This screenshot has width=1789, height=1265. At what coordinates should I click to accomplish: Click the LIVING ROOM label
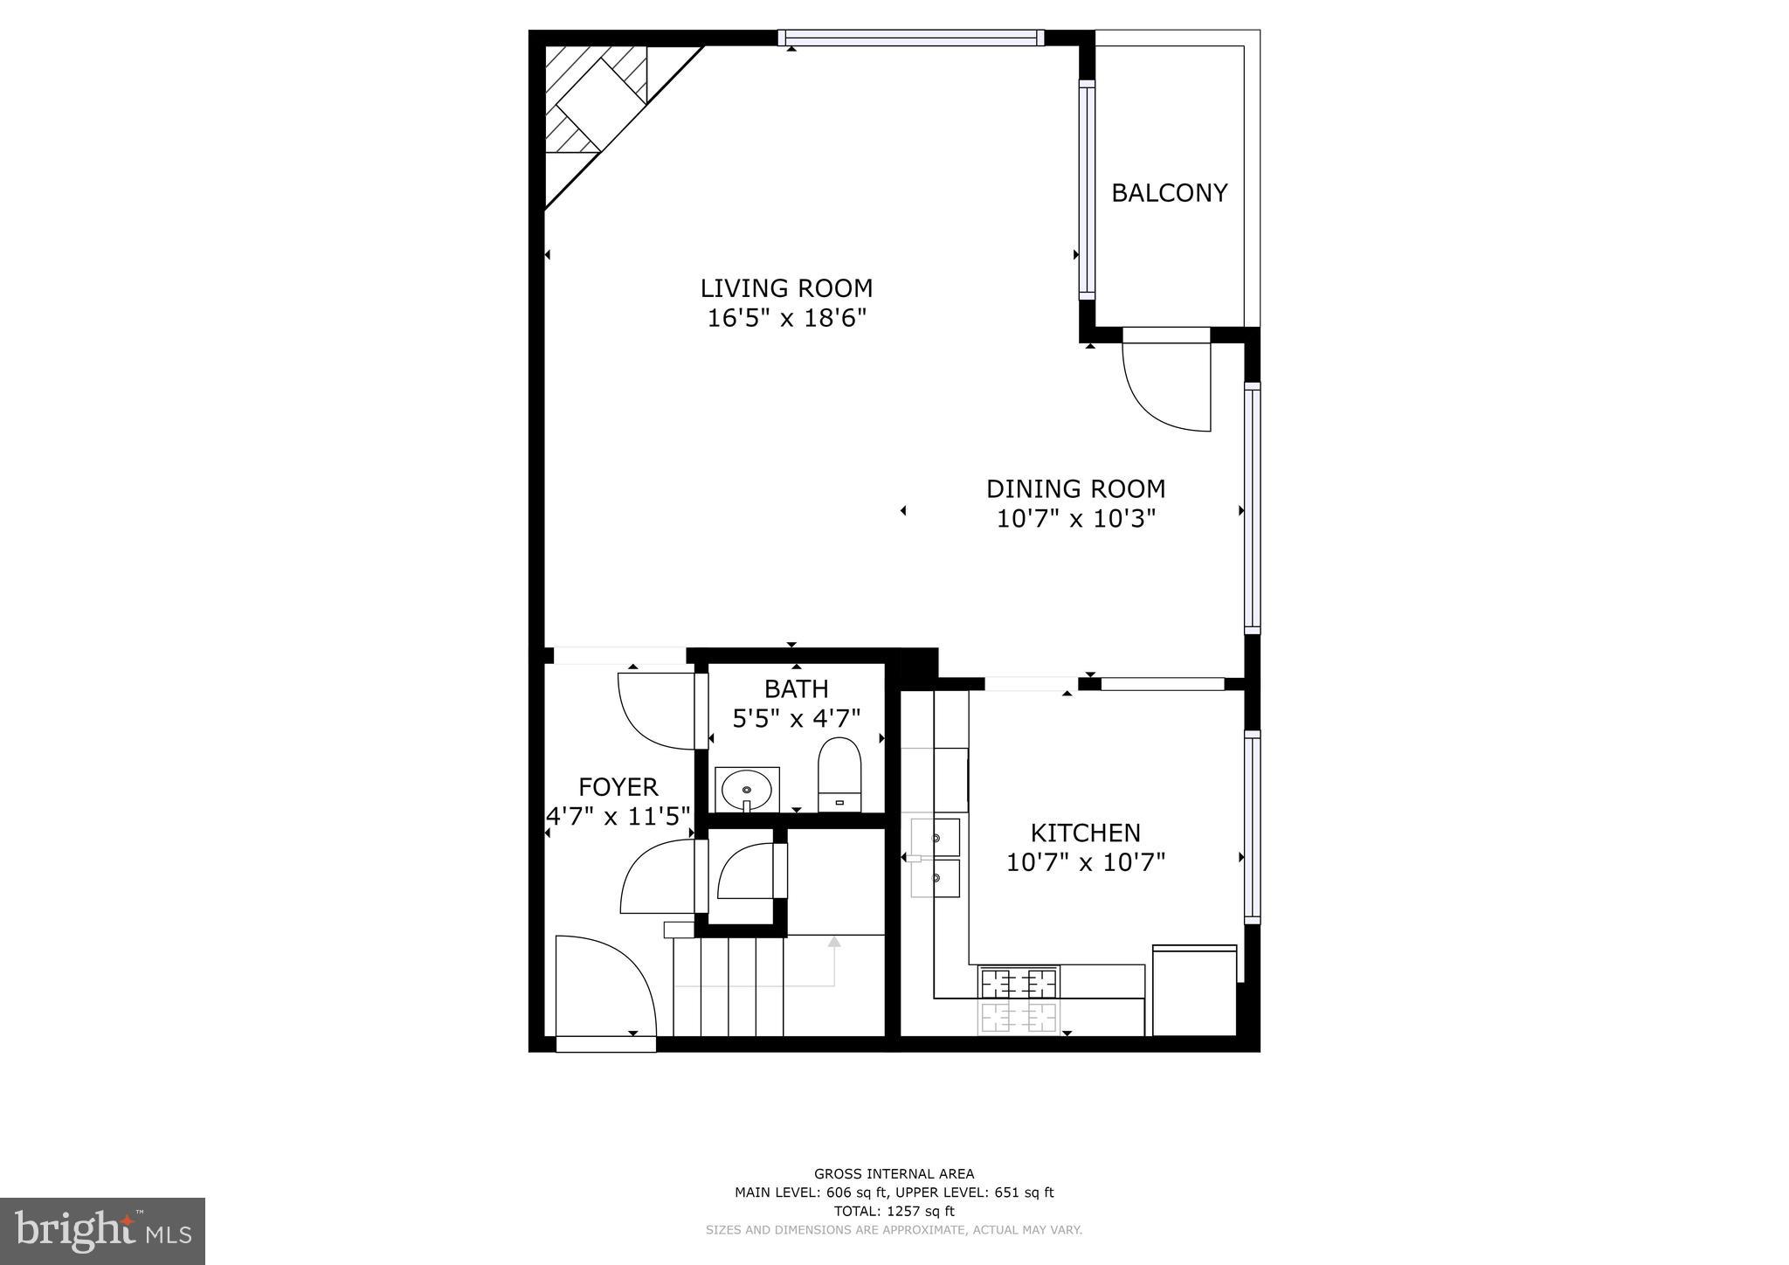click(786, 288)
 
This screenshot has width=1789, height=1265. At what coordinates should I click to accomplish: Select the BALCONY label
click(1169, 193)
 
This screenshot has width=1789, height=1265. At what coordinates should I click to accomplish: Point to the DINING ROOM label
click(1075, 488)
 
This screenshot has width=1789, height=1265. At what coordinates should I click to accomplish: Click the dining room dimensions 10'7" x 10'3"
click(1075, 519)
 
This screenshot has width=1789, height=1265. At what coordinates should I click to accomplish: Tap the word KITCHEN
click(1085, 833)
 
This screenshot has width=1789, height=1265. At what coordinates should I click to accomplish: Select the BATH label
click(796, 689)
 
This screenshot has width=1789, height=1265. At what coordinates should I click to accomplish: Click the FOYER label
click(618, 787)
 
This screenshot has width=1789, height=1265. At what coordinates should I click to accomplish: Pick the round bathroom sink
click(746, 791)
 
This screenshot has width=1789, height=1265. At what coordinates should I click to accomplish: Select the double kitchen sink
click(936, 858)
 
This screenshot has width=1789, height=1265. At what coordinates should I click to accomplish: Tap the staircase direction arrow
click(833, 943)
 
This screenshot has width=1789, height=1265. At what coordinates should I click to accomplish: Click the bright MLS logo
click(102, 1232)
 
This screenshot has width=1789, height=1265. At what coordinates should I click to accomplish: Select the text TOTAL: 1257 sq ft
click(894, 1211)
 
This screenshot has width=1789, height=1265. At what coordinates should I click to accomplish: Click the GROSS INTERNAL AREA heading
click(894, 1174)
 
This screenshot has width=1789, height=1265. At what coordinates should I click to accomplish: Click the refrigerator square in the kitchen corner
click(1194, 992)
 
